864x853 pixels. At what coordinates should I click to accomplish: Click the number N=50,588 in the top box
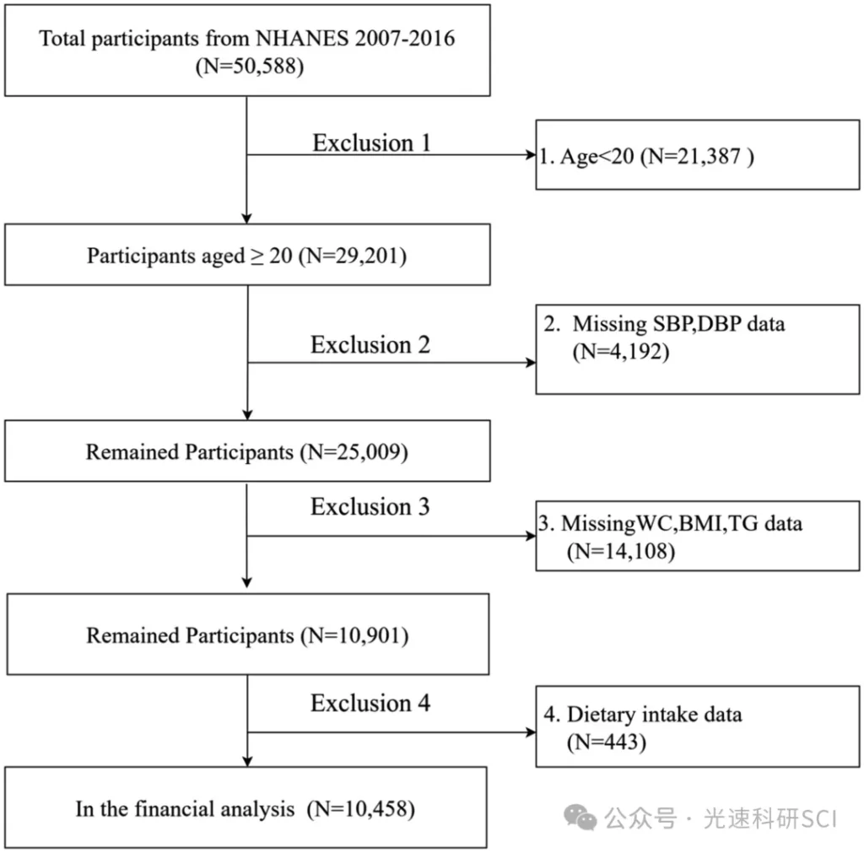point(250,67)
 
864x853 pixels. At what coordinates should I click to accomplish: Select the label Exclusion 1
point(371,143)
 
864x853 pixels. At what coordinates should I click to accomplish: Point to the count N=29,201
point(353,256)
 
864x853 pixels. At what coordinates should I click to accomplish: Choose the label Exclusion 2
point(370,345)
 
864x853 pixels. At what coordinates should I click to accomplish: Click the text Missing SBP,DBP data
point(678,324)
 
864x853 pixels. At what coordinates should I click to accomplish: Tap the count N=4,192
point(621,352)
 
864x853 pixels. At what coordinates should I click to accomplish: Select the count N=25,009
point(354,452)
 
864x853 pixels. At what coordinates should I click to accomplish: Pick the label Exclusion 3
point(370,507)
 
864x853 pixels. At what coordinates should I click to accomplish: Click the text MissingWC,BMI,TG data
point(682,523)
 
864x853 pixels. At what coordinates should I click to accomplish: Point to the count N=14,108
point(621,551)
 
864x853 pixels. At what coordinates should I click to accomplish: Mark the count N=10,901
point(355,635)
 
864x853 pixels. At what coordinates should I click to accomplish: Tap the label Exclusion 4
point(370,703)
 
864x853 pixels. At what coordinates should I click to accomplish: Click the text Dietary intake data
point(654,715)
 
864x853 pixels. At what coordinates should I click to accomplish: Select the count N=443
point(607,742)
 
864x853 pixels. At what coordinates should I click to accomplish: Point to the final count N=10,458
point(361,809)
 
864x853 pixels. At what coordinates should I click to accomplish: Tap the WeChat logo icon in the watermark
point(580,818)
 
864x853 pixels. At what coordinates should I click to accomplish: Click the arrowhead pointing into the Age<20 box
point(532,155)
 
